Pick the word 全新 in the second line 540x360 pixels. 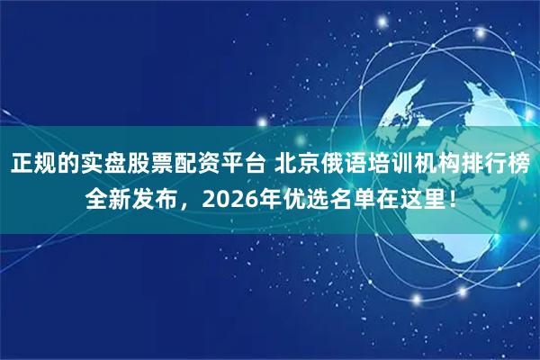108,200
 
